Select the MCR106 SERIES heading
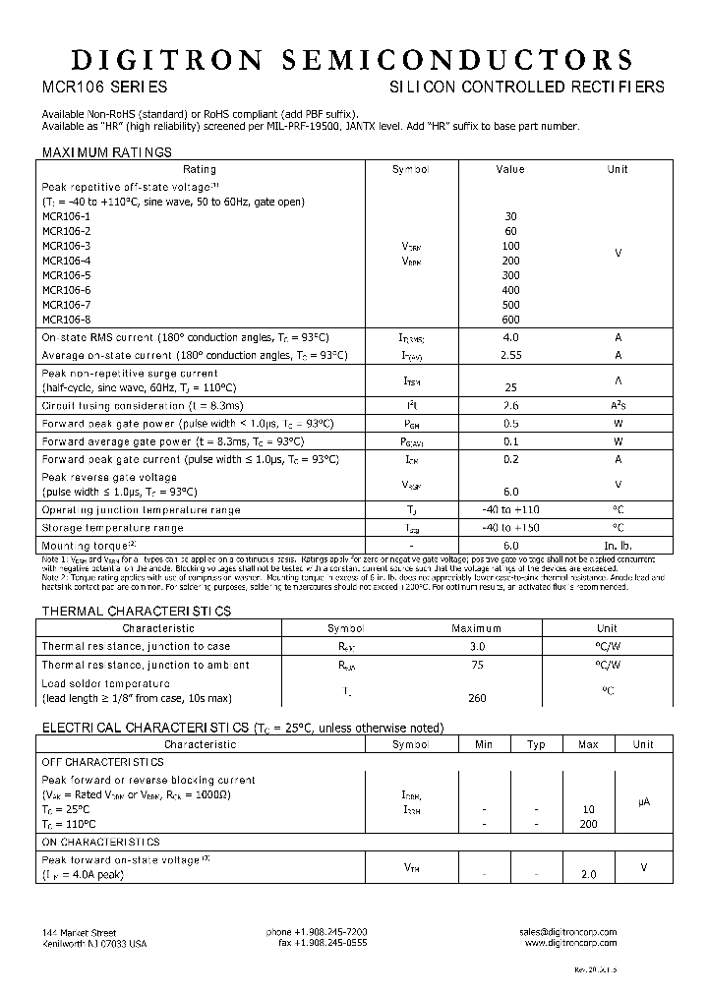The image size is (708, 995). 97,88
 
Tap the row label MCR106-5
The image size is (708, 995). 66,275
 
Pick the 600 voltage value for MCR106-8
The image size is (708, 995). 509,320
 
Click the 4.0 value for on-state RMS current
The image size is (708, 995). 509,337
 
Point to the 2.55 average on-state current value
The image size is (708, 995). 509,355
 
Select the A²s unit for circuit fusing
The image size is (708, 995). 618,405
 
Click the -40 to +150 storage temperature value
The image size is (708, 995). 509,528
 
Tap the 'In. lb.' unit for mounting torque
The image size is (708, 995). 618,546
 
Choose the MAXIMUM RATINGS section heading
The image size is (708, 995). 106,152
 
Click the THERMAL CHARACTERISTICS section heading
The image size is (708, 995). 136,612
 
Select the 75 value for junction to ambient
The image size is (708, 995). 476,665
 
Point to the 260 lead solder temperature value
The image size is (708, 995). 476,698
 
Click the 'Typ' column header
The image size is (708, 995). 536,744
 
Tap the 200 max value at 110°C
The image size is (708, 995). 588,824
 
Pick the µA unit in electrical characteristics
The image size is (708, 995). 643,802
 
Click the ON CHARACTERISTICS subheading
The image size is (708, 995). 100,843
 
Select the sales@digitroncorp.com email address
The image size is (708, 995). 567,931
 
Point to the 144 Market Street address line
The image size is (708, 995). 81,931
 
